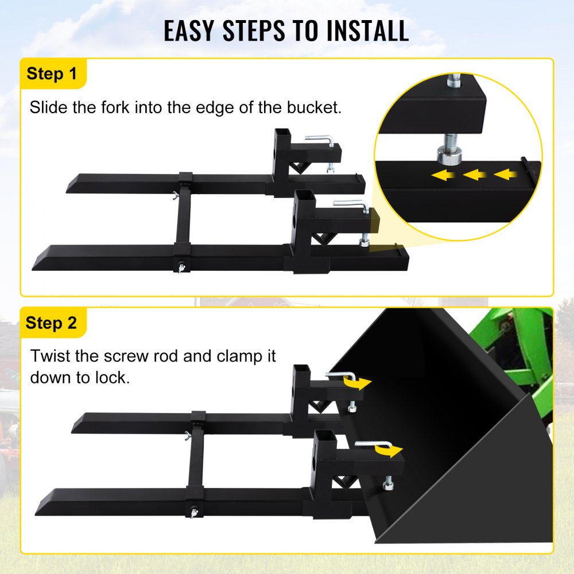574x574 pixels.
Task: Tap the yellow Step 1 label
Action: click(52, 74)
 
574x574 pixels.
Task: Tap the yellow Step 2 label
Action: click(52, 323)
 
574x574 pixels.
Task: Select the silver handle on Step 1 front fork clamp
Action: click(351, 204)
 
